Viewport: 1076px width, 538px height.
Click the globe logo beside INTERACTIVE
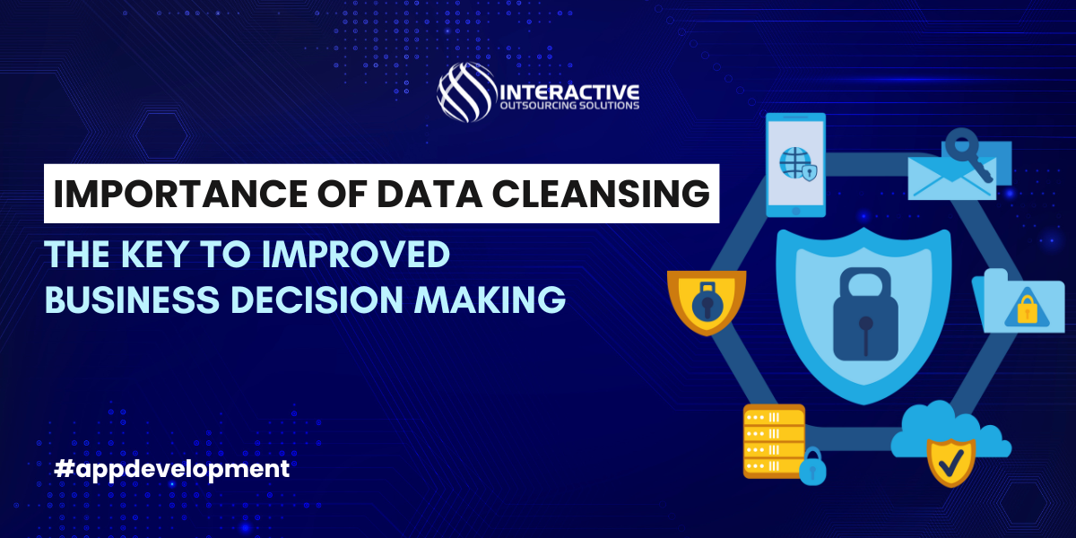click(466, 91)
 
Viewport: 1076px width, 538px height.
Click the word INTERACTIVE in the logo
click(569, 92)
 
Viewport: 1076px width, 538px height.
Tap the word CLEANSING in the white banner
click(601, 194)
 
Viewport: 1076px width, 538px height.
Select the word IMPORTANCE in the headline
click(180, 194)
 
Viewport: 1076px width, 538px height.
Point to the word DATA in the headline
click(430, 194)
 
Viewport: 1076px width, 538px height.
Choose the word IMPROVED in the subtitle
click(356, 254)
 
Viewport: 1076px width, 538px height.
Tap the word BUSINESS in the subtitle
click(132, 299)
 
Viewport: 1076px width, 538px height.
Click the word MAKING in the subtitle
click(490, 299)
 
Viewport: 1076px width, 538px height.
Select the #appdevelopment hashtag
click(172, 469)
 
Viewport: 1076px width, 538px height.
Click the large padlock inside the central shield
click(865, 314)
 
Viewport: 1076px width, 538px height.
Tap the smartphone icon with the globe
click(795, 165)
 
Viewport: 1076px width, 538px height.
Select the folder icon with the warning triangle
click(1019, 301)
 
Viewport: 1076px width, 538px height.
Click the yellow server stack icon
click(774, 441)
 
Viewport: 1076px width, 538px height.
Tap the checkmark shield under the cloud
click(951, 462)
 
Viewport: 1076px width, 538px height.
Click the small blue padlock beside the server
click(812, 466)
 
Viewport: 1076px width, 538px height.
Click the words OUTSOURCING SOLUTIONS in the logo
click(569, 106)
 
